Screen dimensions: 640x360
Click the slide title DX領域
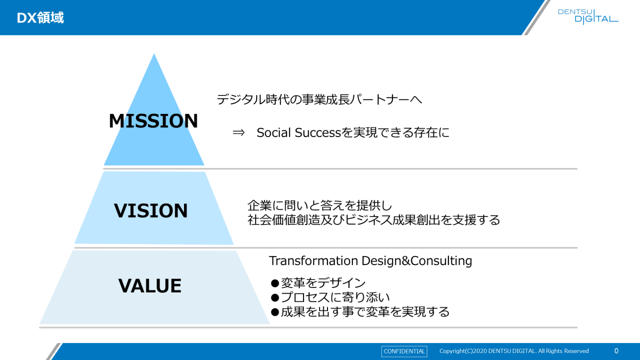[40, 17]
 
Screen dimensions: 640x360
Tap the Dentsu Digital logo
[588, 16]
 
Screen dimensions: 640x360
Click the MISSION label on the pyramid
[153, 121]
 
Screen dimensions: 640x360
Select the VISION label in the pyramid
[151, 210]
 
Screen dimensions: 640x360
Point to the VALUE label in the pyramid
[150, 285]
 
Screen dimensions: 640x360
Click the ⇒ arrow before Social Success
[238, 132]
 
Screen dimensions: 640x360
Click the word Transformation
[313, 260]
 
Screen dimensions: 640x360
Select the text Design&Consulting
[417, 261]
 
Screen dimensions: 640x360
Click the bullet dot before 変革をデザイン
[275, 283]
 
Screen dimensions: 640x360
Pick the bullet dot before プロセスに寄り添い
[275, 297]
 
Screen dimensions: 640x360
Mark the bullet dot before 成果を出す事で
[275, 312]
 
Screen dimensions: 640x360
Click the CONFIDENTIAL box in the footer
[404, 351]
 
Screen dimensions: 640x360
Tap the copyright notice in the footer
[514, 351]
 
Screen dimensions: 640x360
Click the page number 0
[616, 351]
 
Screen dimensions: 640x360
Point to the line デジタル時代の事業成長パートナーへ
[319, 99]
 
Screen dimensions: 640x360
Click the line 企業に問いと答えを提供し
[319, 205]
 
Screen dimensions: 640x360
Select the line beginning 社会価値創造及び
[373, 220]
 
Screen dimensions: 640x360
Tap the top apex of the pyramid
[154, 53]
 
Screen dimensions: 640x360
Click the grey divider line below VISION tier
[325, 247]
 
